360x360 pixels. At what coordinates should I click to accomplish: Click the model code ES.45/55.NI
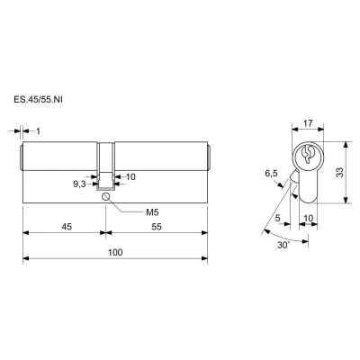click(38, 100)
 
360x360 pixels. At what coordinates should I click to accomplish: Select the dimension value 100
click(115, 252)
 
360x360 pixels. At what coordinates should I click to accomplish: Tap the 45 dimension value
click(67, 227)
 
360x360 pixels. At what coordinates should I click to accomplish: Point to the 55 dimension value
click(157, 227)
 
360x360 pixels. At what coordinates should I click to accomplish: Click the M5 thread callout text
click(152, 212)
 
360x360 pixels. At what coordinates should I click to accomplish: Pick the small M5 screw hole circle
click(106, 196)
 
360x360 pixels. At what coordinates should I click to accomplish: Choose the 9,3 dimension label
click(80, 184)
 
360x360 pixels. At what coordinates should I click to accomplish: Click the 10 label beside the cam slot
click(130, 177)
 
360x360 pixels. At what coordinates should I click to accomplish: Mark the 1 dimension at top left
click(38, 131)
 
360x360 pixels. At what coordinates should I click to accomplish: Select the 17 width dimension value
click(308, 123)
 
